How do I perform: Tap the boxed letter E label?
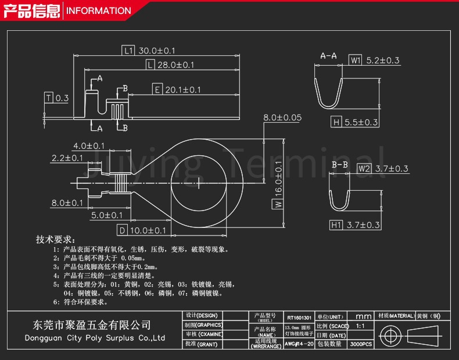coord(157,90)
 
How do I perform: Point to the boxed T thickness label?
coord(49,98)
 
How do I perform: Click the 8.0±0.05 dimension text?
coord(282,117)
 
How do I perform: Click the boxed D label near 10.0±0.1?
coord(121,230)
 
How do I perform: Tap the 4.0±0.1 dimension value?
coord(88,145)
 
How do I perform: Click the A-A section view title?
coord(329,56)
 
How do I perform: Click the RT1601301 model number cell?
coord(299,318)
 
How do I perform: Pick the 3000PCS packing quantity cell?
coord(361,344)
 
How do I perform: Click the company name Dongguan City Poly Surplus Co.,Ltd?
coord(95,338)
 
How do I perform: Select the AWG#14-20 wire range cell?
coord(299,344)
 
